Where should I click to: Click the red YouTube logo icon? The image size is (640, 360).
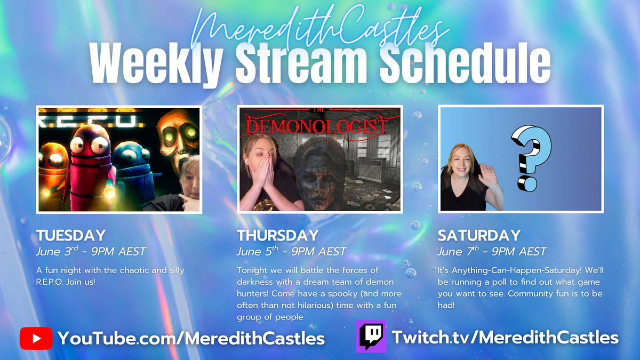click(x=36, y=338)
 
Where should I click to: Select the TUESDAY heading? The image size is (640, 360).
click(x=70, y=235)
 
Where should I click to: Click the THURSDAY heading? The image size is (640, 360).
click(x=277, y=235)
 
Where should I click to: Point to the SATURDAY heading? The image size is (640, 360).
click(x=478, y=235)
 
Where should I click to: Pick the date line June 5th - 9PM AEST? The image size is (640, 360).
click(x=291, y=251)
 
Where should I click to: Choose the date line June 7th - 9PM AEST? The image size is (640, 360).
click(x=492, y=251)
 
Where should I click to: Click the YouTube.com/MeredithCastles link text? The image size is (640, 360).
click(x=191, y=338)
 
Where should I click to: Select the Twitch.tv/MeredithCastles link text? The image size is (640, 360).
click(x=505, y=337)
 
